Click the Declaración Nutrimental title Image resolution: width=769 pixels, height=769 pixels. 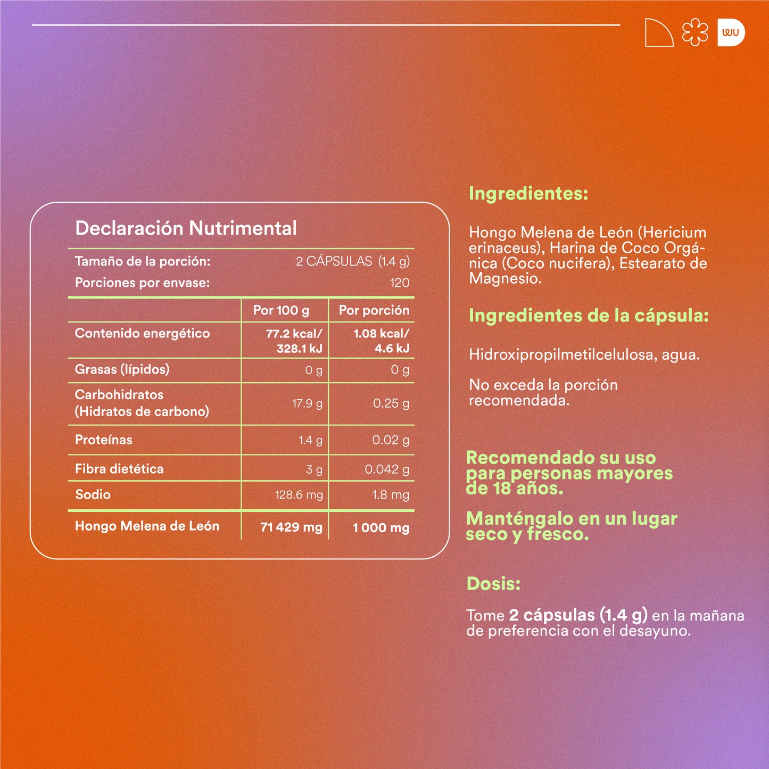(186, 228)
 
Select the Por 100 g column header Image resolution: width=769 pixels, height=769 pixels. (281, 310)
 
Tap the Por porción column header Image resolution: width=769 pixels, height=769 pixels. (374, 310)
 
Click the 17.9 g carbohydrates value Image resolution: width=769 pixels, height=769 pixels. (307, 403)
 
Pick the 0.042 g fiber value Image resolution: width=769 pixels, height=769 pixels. (387, 469)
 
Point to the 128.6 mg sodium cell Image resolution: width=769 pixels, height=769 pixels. (299, 495)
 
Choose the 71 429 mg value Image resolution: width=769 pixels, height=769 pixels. (291, 527)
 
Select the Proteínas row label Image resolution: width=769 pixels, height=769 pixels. (104, 440)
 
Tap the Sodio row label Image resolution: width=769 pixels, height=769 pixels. (93, 494)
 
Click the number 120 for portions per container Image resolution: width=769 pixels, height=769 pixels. (400, 283)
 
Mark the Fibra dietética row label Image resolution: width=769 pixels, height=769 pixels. (119, 469)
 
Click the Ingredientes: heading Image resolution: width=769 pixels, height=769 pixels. (528, 193)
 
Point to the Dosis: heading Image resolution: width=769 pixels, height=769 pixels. (493, 584)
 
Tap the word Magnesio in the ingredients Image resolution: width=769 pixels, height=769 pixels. (503, 278)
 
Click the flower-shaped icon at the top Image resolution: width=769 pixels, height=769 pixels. (695, 32)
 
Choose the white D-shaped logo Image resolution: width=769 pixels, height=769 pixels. (731, 32)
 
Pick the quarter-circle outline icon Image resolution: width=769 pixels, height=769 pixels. (658, 33)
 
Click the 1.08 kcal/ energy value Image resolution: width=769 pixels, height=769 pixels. (381, 334)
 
